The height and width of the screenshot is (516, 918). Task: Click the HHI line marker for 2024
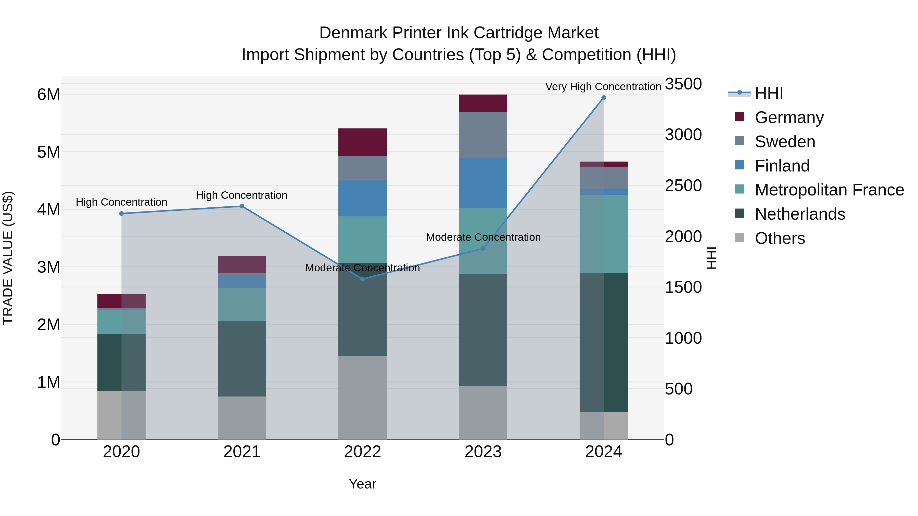[x=603, y=98]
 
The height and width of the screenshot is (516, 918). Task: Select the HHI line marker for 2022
[x=362, y=279]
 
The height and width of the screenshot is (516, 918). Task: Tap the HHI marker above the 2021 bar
[x=242, y=206]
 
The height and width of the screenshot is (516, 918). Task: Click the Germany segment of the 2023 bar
[x=483, y=103]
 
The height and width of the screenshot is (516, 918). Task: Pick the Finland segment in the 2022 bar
[x=362, y=198]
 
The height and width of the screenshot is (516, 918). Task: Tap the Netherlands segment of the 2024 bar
[x=603, y=342]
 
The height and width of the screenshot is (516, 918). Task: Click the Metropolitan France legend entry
[x=829, y=190]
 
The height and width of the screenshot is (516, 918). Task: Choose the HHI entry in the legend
[x=769, y=93]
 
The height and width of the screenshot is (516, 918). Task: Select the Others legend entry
[x=779, y=238]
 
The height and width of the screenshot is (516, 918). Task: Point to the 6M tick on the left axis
[x=48, y=95]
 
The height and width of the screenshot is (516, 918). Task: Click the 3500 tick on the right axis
[x=683, y=84]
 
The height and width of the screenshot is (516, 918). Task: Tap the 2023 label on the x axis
[x=483, y=452]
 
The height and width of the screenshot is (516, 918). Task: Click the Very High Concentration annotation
[x=603, y=87]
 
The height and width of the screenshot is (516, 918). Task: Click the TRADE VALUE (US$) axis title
[x=8, y=258]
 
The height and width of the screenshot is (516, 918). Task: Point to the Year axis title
[x=362, y=484]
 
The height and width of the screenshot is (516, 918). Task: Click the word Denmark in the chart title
[x=353, y=33]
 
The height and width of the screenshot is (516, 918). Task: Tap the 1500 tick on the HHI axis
[x=683, y=287]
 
